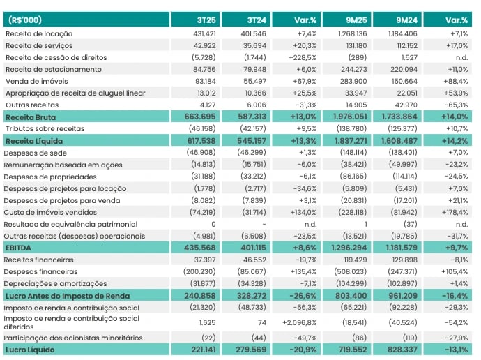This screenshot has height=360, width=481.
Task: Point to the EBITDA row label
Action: (20, 248)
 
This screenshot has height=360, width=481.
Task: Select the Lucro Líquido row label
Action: (30, 349)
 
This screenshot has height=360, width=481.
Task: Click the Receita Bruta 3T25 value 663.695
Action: (201, 117)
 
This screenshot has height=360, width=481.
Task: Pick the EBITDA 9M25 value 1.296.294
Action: (352, 248)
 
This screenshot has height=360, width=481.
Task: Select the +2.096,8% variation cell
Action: (300, 323)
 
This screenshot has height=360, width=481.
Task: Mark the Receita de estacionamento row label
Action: (53, 69)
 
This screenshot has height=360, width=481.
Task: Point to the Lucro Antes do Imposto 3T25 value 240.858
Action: (201, 296)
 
